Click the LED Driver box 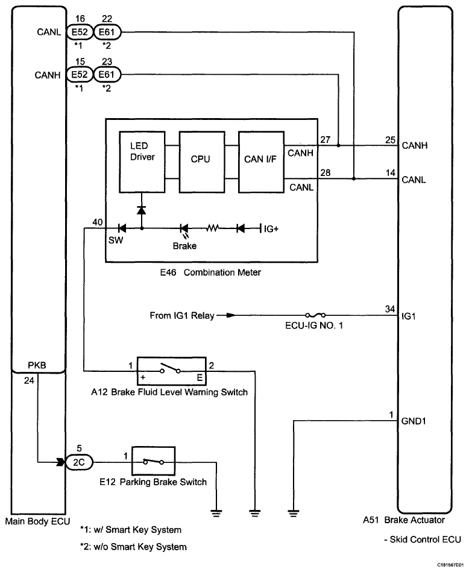pyautogui.click(x=142, y=162)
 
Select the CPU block pyautogui.click(x=202, y=162)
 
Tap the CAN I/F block pyautogui.click(x=261, y=162)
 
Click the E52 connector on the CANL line pyautogui.click(x=80, y=32)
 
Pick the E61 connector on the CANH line pyautogui.click(x=107, y=75)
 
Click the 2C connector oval pyautogui.click(x=79, y=462)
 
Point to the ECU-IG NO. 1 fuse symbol pyautogui.click(x=315, y=315)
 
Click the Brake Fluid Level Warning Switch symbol pyautogui.click(x=172, y=371)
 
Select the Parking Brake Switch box pyautogui.click(x=153, y=462)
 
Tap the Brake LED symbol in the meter pyautogui.click(x=184, y=230)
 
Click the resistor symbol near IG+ pyautogui.click(x=212, y=228)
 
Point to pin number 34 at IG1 pyautogui.click(x=390, y=309)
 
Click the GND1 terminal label pyautogui.click(x=414, y=421)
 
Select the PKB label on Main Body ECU pyautogui.click(x=37, y=365)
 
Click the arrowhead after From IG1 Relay pyautogui.click(x=231, y=315)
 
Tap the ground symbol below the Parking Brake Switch pyautogui.click(x=216, y=514)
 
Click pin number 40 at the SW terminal pyautogui.click(x=98, y=222)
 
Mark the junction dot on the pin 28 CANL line pyautogui.click(x=354, y=179)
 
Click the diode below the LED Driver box pyautogui.click(x=141, y=210)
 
